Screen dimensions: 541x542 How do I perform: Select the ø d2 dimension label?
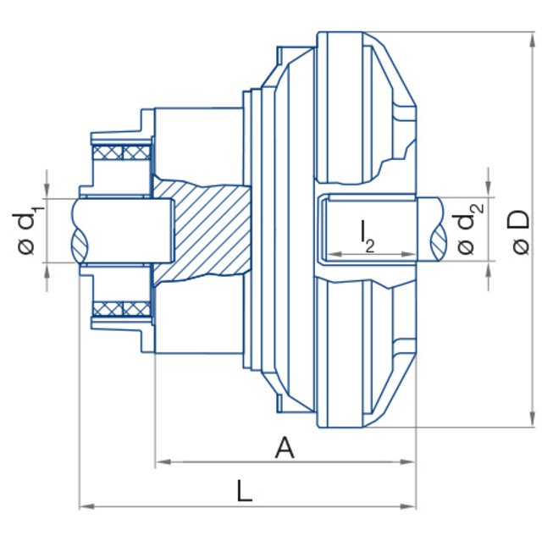[x=467, y=230]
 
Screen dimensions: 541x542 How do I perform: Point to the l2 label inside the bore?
[x=367, y=235]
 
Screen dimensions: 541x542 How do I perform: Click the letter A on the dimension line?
[x=285, y=447]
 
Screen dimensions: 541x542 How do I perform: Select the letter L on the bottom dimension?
[x=244, y=491]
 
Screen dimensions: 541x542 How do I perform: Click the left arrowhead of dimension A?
[x=161, y=462]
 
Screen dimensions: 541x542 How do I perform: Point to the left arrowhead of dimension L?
[x=85, y=506]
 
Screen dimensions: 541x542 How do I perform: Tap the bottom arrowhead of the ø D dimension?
[x=532, y=422]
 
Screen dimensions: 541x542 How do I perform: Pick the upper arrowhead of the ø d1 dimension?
[x=47, y=190]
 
